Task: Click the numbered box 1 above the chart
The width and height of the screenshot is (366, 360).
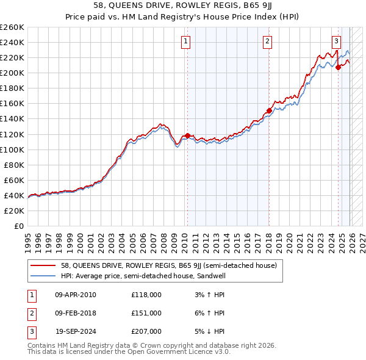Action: [185, 41]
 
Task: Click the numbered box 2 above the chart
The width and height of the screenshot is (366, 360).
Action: [268, 41]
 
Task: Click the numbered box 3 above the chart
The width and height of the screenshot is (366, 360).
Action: [336, 41]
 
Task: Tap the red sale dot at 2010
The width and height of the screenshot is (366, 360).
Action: [187, 135]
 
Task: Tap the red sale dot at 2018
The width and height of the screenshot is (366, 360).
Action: [269, 110]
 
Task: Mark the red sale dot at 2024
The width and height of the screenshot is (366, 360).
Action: [338, 68]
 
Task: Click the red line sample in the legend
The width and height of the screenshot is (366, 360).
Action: [43, 265]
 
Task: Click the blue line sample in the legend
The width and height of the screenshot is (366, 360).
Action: [43, 275]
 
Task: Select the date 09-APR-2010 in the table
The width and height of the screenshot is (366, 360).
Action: [75, 295]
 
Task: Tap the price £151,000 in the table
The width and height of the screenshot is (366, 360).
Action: [146, 313]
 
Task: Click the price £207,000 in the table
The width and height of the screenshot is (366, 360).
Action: [146, 331]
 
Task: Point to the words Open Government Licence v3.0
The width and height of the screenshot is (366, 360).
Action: [182, 351]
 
